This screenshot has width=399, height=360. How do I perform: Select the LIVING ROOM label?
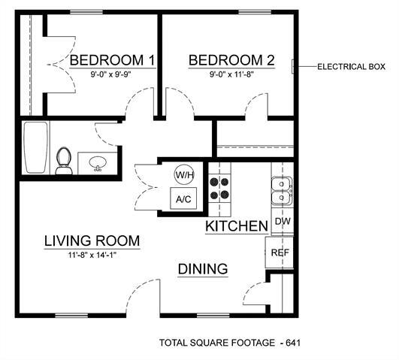[x=92, y=241]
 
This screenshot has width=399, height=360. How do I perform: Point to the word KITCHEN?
[x=237, y=226]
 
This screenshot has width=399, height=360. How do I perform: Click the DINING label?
[x=203, y=269]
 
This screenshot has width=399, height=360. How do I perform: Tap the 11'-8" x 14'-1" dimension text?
[x=92, y=256]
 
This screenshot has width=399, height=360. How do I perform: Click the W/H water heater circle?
[x=184, y=174]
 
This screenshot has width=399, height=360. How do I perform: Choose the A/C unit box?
[x=184, y=200]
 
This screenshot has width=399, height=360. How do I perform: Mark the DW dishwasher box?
[x=283, y=222]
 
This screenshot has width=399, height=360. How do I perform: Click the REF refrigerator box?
[x=280, y=253]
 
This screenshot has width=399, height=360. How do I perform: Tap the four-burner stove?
[x=219, y=188]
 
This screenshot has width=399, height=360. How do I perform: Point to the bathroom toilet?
[x=64, y=160]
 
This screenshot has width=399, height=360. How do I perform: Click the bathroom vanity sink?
[x=97, y=164]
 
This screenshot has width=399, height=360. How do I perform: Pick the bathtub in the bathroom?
[x=35, y=147]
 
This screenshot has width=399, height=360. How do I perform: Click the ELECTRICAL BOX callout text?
[x=352, y=67]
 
